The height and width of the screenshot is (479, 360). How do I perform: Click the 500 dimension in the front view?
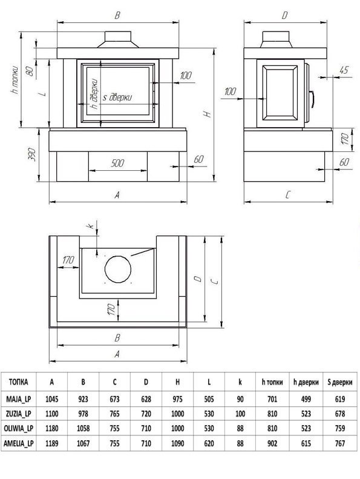pos(117,163)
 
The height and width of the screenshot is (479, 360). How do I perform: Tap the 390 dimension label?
pos(32,155)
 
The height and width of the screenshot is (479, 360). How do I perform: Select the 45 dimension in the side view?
pos(344,70)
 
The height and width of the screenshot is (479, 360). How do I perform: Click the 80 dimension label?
pos(30,71)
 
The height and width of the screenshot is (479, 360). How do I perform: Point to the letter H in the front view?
pos(208,114)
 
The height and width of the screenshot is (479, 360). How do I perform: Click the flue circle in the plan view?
pos(118,269)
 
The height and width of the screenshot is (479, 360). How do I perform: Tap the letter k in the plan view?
pos(90,226)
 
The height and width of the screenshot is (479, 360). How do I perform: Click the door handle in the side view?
pos(312,100)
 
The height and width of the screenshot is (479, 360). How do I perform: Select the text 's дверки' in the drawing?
pos(117,97)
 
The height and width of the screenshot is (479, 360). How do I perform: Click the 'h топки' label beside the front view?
pos(15,80)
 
